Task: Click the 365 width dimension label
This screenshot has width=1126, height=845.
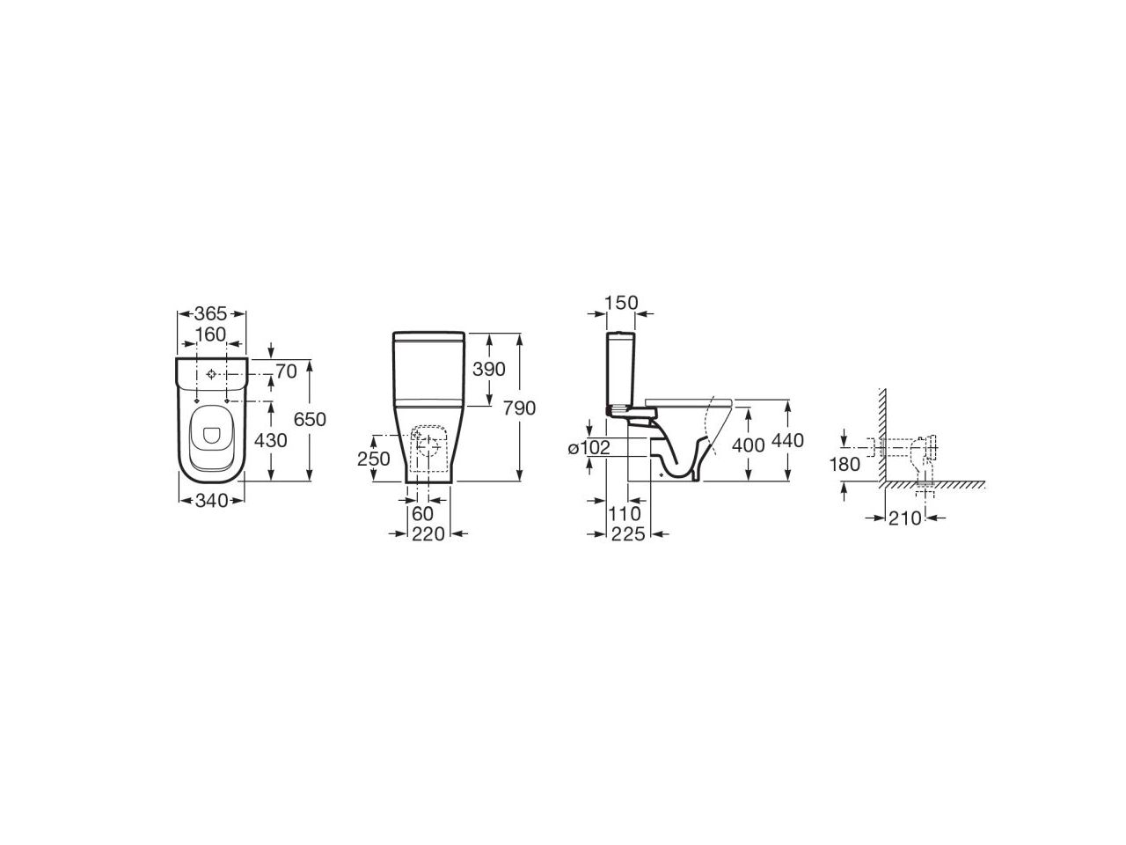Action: click(x=210, y=313)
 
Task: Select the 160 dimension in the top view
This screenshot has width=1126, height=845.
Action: click(x=211, y=334)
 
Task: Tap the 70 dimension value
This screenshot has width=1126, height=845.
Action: click(x=287, y=371)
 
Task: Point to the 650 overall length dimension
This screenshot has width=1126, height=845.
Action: click(x=310, y=419)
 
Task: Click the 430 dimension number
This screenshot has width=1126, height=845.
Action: click(x=271, y=440)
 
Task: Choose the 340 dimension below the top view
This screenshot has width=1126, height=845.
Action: click(x=211, y=501)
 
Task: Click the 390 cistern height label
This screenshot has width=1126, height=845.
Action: click(x=489, y=369)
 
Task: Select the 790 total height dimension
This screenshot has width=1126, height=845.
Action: click(x=519, y=408)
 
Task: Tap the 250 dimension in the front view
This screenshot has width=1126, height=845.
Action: click(x=374, y=459)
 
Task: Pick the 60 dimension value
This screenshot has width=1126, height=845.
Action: click(x=423, y=513)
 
